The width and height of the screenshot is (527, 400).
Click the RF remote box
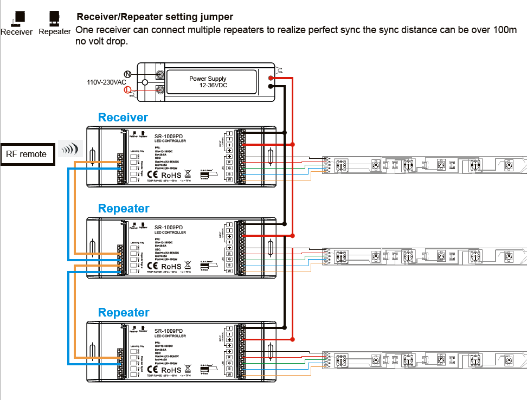[27, 154]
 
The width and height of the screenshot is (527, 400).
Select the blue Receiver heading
[123, 118]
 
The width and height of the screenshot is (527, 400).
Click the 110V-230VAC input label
[106, 83]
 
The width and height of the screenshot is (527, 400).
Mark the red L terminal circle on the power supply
[128, 90]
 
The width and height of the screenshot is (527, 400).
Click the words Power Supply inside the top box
[208, 79]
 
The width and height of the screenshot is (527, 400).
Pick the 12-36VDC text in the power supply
[213, 86]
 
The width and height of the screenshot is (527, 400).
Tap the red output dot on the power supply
[271, 78]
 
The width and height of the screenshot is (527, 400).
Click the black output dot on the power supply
[271, 85]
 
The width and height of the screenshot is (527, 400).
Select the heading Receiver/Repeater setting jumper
[155, 17]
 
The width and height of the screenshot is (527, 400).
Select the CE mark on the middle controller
[152, 266]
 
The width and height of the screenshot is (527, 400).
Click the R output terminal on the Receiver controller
[229, 162]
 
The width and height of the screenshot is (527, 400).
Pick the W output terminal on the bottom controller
[229, 375]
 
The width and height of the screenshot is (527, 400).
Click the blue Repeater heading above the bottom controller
[124, 313]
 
